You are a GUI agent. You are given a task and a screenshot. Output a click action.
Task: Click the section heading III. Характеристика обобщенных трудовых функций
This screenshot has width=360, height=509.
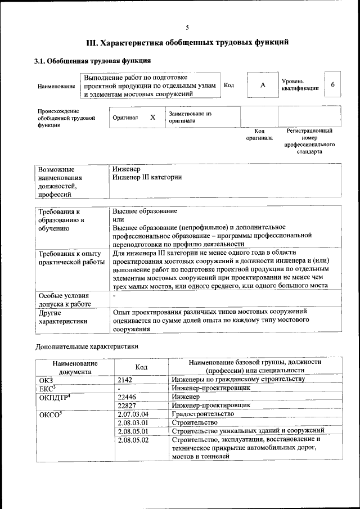[187, 43]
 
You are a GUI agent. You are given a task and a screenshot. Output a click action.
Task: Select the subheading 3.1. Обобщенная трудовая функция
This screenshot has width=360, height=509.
[92, 61]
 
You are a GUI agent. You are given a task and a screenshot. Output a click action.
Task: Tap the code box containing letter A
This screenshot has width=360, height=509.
[262, 85]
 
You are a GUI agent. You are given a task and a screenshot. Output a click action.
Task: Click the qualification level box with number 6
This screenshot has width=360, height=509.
[333, 85]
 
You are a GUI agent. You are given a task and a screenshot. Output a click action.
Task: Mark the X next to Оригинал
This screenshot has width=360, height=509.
[152, 118]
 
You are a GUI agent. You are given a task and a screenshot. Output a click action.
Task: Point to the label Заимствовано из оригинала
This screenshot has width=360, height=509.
[190, 117]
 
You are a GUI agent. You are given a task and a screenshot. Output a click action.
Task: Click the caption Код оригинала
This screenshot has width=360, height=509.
[259, 134]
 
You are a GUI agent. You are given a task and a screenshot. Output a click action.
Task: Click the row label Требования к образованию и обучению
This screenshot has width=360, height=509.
[61, 220]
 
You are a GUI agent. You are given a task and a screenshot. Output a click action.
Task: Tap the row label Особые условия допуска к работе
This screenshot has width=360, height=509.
[64, 299]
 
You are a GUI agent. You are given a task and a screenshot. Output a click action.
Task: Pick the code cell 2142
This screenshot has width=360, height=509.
[125, 380]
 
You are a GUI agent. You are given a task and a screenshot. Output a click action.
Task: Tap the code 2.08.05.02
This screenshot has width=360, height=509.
[133, 440]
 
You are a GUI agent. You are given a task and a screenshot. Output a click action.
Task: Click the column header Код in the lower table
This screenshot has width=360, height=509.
[141, 367]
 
